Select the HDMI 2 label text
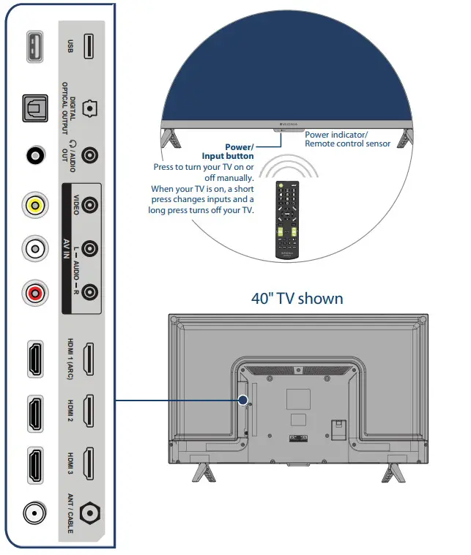(x=67, y=411)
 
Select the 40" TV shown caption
(x=297, y=298)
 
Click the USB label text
(x=67, y=46)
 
